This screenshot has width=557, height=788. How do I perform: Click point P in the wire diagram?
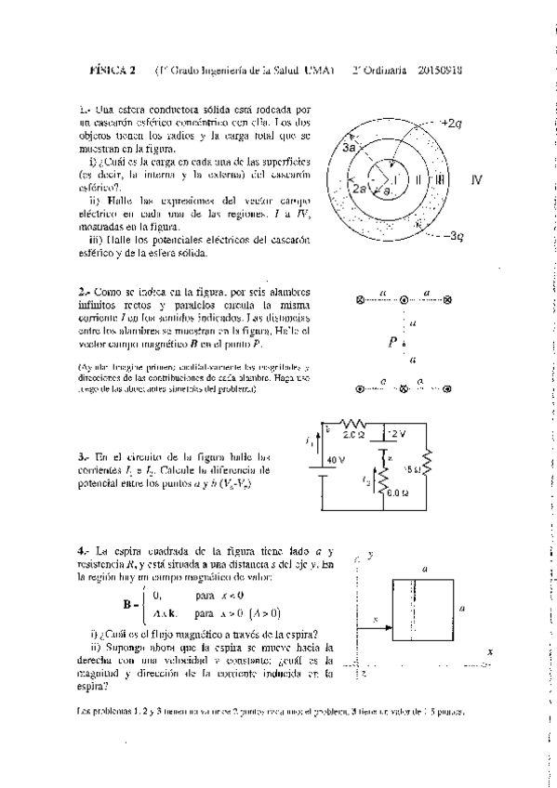393,343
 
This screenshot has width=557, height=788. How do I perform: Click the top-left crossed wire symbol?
361,300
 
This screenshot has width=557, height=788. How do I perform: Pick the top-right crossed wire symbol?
446,300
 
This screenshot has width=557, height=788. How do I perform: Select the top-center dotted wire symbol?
404,300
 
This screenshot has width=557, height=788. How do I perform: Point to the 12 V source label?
396,434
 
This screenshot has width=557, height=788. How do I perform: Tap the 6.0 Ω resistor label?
397,493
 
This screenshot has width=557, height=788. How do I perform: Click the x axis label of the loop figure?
489,652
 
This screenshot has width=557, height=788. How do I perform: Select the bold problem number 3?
83,458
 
